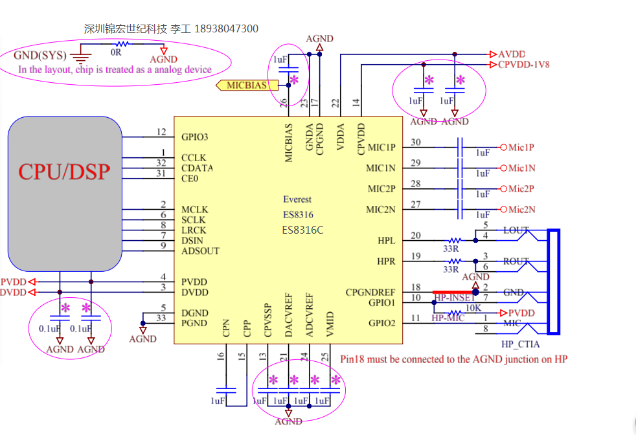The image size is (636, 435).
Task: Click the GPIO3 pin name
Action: coord(195,137)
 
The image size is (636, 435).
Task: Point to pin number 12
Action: coord(162,132)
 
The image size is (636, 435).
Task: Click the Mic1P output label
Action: coord(521,148)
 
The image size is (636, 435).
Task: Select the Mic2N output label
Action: coord(521,209)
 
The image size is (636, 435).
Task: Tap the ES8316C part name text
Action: coord(302,230)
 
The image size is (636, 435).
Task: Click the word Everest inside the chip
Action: coord(297,199)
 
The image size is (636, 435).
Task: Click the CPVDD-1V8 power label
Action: coord(524,65)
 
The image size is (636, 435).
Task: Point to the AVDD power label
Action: coord(512,54)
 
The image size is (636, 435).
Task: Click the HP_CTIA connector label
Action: coord(520,344)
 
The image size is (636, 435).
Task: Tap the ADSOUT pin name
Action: coord(200,251)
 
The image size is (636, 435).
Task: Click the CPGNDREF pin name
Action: coord(370,292)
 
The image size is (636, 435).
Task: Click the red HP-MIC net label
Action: coord(448,317)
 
